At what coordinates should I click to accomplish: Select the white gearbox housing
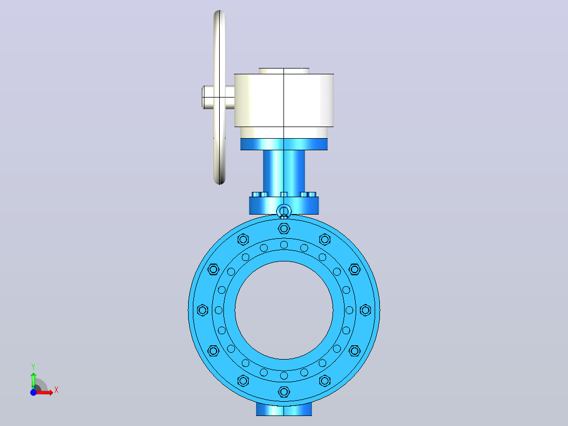point(284,100)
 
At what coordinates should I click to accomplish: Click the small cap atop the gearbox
point(284,71)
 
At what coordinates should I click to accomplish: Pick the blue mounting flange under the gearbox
point(284,144)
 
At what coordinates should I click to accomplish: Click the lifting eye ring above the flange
point(284,211)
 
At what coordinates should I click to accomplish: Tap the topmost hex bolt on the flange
point(284,229)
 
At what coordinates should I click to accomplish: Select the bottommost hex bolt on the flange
point(284,392)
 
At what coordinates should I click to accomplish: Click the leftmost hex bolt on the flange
point(202,311)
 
